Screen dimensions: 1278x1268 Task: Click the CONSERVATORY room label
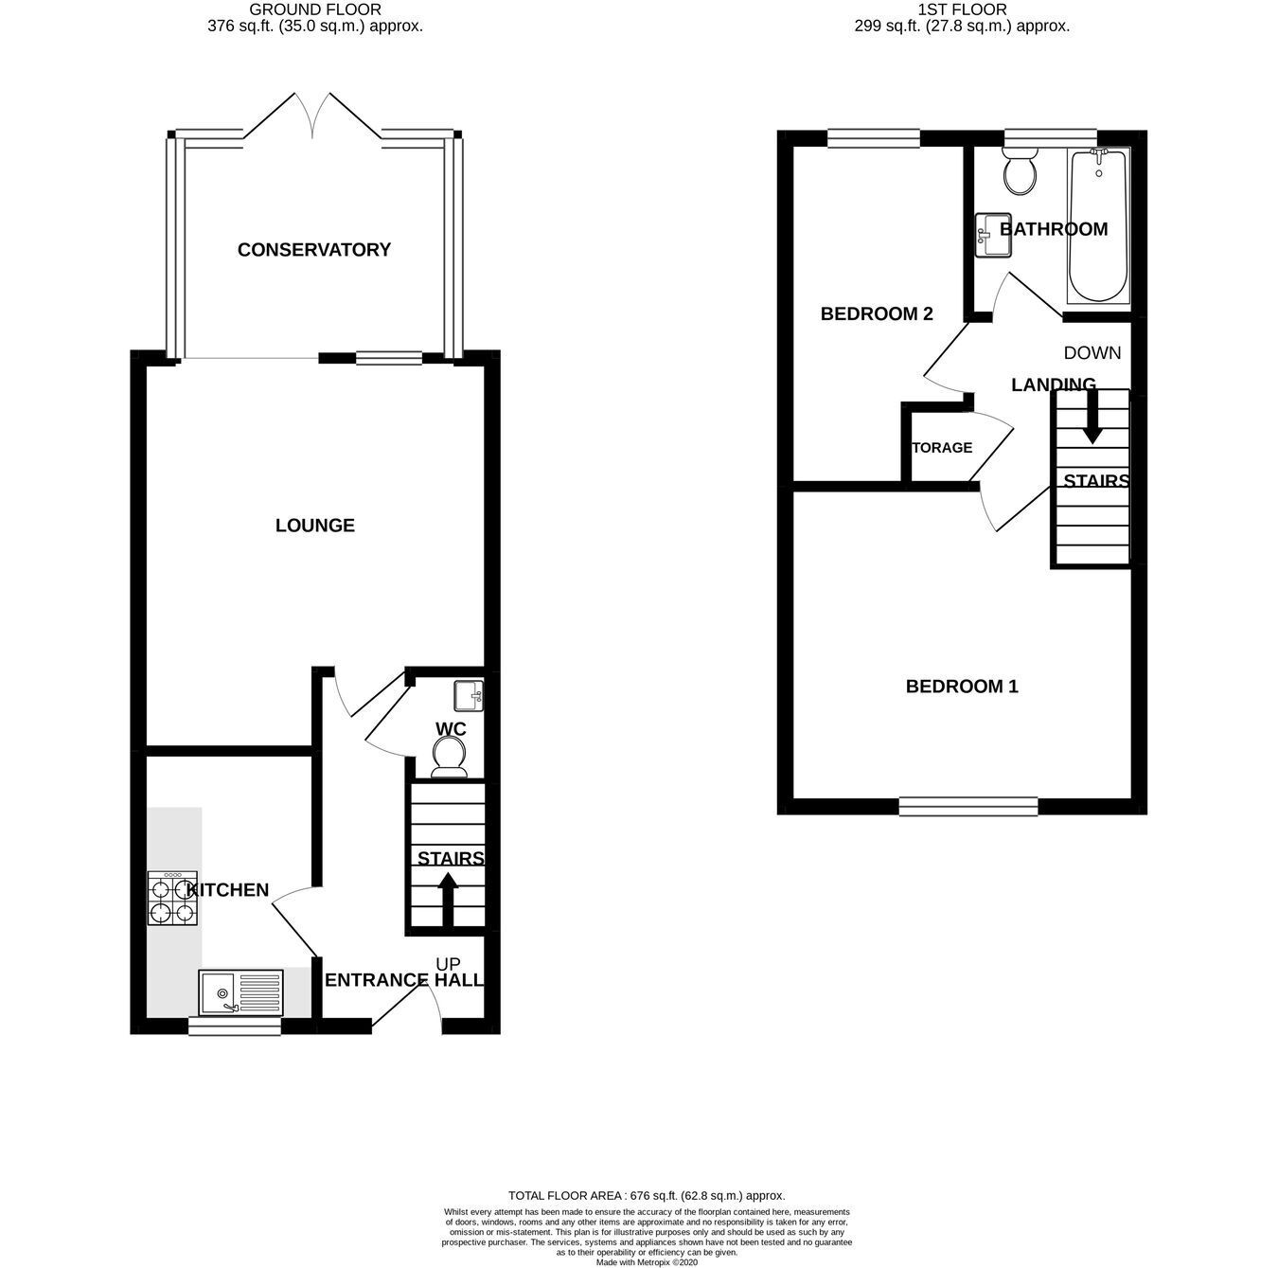pos(313,249)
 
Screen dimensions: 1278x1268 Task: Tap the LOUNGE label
pos(315,526)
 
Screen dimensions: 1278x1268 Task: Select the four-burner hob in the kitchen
pos(171,899)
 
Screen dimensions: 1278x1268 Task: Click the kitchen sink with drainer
pos(240,992)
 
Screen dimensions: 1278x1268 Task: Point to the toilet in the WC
pos(451,758)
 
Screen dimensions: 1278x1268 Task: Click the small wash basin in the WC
pos(469,696)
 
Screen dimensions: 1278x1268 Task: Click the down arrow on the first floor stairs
pos(1092,417)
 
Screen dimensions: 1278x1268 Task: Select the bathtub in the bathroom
pos(1097,225)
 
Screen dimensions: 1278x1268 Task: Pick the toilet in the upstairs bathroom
pos(1020,170)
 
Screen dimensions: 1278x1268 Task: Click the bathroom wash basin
pos(993,234)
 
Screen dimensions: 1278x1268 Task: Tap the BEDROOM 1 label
pos(962,687)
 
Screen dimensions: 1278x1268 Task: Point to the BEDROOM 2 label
pos(877,313)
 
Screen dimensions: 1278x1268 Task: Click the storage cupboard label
pos(942,448)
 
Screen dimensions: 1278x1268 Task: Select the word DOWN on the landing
pos(1092,353)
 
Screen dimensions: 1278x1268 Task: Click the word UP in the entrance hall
pos(449,963)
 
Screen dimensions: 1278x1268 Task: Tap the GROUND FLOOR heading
pos(315,9)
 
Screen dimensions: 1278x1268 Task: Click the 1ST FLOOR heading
pos(963,9)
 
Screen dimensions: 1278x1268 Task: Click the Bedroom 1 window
pos(968,805)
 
